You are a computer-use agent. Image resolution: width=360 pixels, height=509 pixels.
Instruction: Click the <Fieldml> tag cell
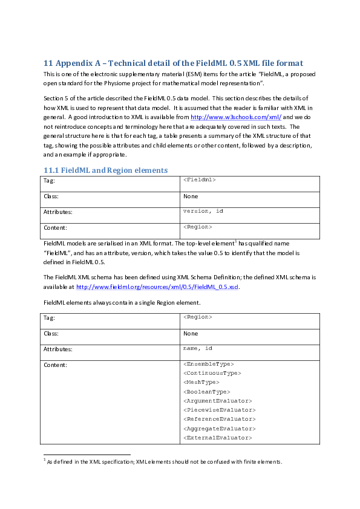[199, 180]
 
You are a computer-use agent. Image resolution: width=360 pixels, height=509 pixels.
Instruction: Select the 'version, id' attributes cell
[203, 211]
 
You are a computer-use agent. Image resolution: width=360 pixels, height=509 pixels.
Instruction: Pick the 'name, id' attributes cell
[197, 348]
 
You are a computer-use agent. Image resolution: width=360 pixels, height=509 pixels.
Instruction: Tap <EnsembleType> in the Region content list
[208, 364]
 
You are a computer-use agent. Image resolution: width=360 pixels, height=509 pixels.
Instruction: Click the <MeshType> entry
[201, 382]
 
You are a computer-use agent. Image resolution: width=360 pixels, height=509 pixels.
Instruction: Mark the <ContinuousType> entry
[211, 373]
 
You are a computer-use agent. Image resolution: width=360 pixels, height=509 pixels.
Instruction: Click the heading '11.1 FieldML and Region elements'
[105, 170]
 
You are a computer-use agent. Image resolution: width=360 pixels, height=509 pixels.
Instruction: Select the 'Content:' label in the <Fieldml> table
[55, 228]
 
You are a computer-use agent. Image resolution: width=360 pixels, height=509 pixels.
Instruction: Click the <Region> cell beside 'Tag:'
[197, 317]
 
